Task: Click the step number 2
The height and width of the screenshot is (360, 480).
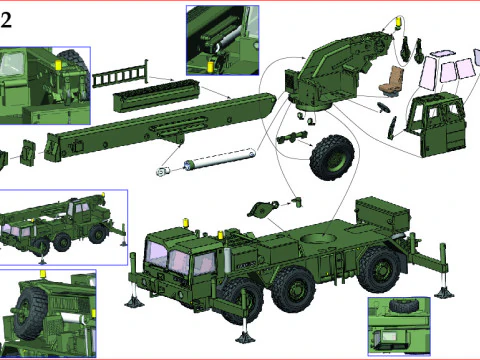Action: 6,20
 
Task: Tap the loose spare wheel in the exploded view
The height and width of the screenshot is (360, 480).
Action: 331,157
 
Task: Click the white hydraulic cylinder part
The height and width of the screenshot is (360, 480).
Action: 207,161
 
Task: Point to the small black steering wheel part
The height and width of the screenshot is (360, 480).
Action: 384,107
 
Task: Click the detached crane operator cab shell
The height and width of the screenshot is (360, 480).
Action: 436,124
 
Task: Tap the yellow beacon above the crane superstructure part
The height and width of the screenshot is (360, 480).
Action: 398,23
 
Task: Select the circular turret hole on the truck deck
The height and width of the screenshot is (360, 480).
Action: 318,238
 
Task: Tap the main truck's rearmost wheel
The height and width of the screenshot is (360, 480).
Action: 381,269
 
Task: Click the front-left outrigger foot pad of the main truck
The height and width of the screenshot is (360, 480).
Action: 135,302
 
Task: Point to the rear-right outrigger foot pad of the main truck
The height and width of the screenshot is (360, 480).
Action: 444,292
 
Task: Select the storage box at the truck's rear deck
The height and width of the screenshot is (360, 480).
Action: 383,214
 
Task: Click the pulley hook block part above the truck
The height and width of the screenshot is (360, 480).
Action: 262,209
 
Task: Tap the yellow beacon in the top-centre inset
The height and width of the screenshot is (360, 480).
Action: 210,66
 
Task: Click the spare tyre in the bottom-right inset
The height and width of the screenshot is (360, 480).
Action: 399,305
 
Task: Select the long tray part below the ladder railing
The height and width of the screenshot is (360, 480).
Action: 156,95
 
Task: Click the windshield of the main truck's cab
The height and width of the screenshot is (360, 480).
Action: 156,254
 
